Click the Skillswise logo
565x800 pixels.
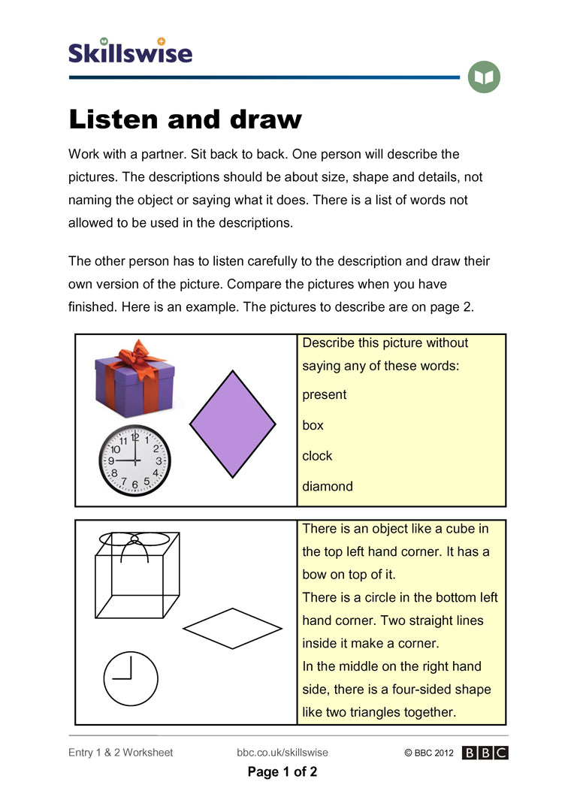click(x=130, y=50)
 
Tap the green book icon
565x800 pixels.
click(x=484, y=77)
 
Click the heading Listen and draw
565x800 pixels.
click(x=185, y=119)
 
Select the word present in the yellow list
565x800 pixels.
click(x=324, y=394)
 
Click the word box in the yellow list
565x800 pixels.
click(x=313, y=425)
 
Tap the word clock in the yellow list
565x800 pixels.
click(x=317, y=456)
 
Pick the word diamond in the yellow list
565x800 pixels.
click(x=327, y=487)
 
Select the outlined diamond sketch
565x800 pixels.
click(x=232, y=628)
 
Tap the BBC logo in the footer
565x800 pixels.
click(x=485, y=753)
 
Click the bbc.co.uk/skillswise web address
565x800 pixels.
click(x=282, y=753)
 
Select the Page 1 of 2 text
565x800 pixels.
click(x=282, y=772)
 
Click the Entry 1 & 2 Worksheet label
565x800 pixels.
click(x=120, y=753)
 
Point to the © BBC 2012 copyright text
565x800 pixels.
click(x=428, y=753)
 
